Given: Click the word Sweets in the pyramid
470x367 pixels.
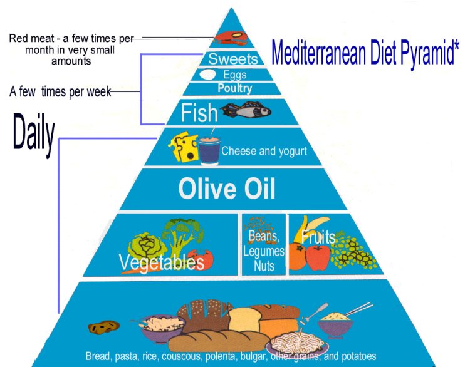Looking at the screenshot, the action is pyautogui.click(x=233, y=58).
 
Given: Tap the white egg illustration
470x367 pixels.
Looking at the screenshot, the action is pyautogui.click(x=207, y=75).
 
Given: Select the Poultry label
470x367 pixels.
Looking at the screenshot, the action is pyautogui.click(x=235, y=88).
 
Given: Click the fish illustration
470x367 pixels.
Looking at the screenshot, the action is pyautogui.click(x=246, y=110).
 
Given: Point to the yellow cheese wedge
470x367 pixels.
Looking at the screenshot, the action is pyautogui.click(x=184, y=146).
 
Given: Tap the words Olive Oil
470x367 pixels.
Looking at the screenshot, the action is pyautogui.click(x=227, y=189).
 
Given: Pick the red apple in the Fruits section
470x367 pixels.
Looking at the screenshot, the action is pyautogui.click(x=318, y=257).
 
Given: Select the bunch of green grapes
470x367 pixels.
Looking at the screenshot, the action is pyautogui.click(x=353, y=252).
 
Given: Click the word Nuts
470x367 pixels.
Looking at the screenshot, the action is pyautogui.click(x=264, y=266).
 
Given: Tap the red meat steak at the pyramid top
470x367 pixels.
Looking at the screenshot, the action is pyautogui.click(x=231, y=38).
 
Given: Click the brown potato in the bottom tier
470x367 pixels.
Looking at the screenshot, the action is pyautogui.click(x=103, y=326).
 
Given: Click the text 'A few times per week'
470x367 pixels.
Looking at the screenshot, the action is pyautogui.click(x=60, y=91).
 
